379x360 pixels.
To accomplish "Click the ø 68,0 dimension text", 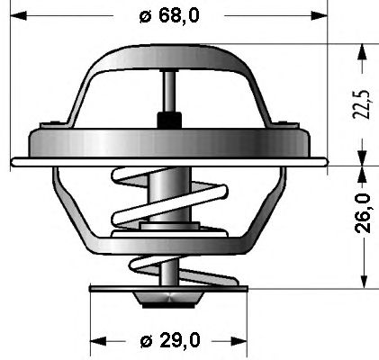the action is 169,15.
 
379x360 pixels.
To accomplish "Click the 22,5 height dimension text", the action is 362,103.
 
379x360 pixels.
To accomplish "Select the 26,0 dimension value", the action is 363,213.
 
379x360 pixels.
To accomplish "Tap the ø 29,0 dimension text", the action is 170,340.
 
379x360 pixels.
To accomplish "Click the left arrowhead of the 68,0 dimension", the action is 19,15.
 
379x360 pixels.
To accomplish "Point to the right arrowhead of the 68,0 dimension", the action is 319,15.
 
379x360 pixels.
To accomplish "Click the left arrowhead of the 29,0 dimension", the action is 98,341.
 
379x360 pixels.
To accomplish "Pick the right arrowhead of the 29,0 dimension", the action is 239,341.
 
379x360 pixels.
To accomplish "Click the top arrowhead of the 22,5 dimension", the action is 363,52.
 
